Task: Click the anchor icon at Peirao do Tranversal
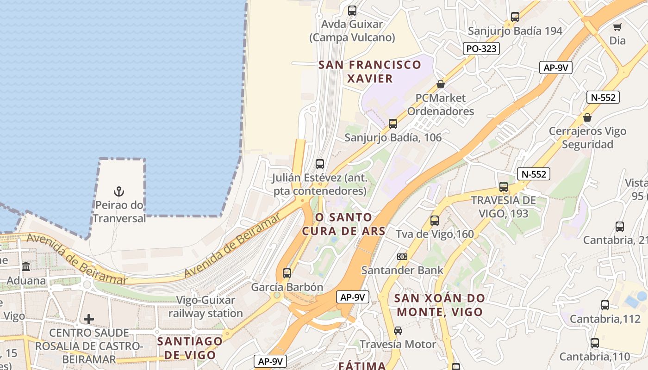click(x=119, y=191)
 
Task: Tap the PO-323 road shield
click(x=481, y=49)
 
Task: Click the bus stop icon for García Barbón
click(x=287, y=273)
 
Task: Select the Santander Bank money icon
click(x=402, y=256)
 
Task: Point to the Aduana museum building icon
click(x=26, y=267)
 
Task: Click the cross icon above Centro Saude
click(x=89, y=319)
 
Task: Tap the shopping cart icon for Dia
click(x=617, y=27)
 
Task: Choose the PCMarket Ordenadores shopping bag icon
click(x=441, y=84)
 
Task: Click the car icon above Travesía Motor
click(x=398, y=331)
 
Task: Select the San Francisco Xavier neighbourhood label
click(x=370, y=71)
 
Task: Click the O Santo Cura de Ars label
click(x=343, y=224)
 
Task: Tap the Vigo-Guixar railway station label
click(x=206, y=307)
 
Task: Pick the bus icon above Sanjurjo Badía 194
click(x=515, y=17)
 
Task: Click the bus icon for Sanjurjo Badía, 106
click(x=393, y=123)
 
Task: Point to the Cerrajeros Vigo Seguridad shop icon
click(x=587, y=117)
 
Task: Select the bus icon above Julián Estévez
click(x=320, y=164)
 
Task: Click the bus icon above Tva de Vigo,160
click(x=435, y=221)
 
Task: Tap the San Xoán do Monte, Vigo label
click(x=440, y=305)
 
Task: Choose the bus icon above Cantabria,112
click(x=605, y=305)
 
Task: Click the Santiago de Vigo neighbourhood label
click(x=189, y=348)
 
